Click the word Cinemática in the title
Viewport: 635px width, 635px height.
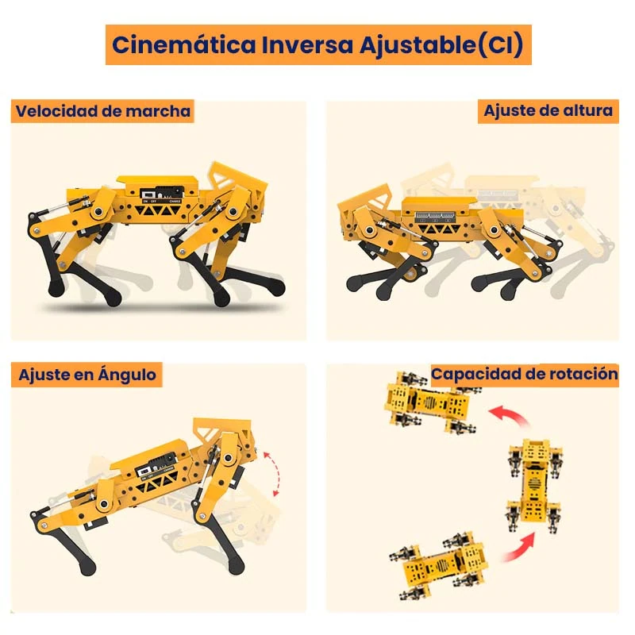point(184,44)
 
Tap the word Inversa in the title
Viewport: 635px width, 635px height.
point(308,44)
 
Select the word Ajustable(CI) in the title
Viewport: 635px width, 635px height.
point(441,45)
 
